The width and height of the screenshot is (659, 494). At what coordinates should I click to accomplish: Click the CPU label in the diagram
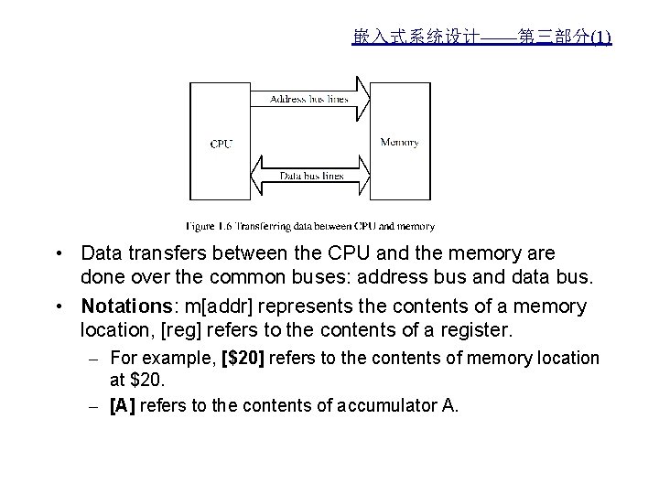click(221, 144)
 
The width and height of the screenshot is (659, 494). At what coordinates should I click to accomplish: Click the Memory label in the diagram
click(399, 142)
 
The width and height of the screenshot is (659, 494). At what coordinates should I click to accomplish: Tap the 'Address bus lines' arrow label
click(309, 99)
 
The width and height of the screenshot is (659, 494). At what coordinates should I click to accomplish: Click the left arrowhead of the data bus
click(255, 176)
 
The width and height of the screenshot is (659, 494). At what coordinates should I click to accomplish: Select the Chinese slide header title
click(481, 38)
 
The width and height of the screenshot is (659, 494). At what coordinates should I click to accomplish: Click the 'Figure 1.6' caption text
click(310, 226)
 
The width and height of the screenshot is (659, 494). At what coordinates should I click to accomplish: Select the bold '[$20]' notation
click(243, 358)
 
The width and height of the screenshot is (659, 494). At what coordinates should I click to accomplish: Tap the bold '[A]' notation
click(121, 404)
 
